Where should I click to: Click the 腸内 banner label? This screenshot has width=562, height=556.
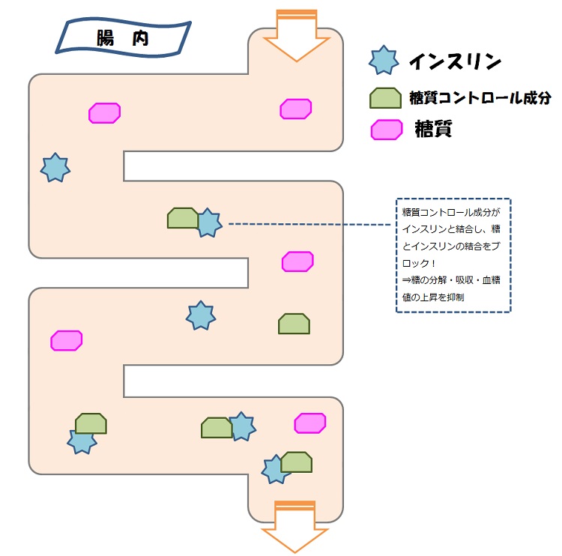pos(122,37)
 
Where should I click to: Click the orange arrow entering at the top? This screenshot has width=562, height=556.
pos(297,36)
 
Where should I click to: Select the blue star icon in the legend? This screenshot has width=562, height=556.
pos(384,60)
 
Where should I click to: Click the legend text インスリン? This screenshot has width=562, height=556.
pos(455,61)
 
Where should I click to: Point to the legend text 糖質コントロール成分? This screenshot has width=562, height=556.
pos(480,98)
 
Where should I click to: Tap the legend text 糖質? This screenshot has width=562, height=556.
pos(432,130)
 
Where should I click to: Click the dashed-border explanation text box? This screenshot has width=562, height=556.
pos(453,256)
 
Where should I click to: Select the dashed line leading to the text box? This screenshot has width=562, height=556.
pos(311,224)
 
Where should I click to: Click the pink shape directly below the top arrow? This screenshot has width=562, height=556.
pos(296,109)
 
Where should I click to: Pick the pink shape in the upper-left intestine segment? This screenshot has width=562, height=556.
pos(104,113)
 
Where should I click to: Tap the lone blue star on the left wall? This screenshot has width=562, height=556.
pos(54,168)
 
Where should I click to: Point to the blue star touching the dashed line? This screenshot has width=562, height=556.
pos(208,223)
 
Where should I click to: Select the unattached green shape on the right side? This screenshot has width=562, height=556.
pos(294,324)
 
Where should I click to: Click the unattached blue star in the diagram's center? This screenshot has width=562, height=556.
pos(201,316)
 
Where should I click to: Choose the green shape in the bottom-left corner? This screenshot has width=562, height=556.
pos(91,423)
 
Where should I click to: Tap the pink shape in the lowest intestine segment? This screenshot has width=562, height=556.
pos(309,423)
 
